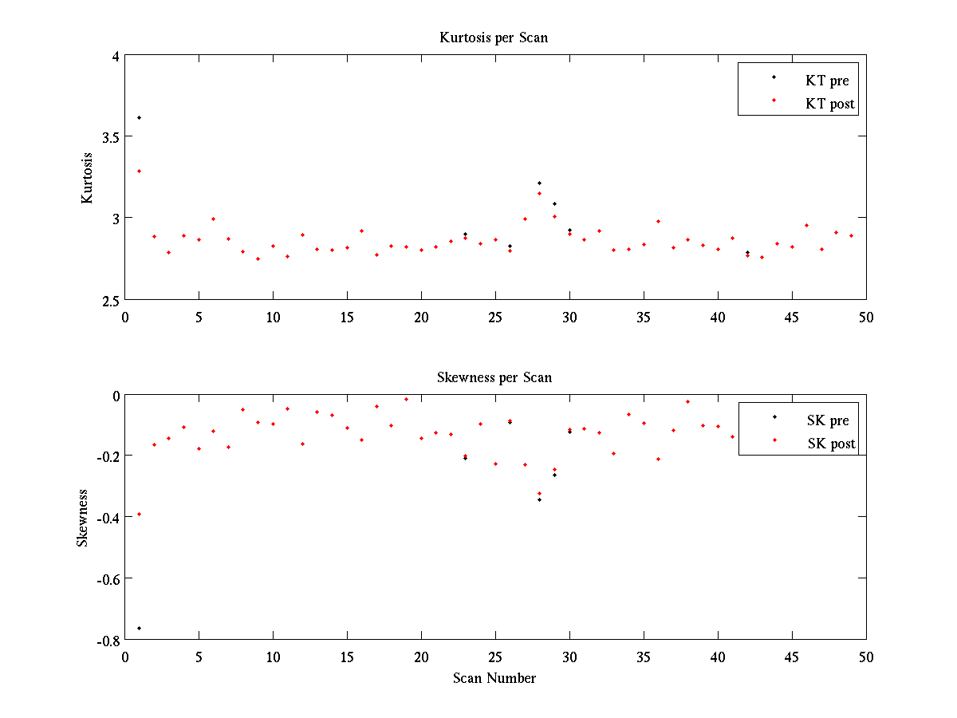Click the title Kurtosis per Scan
pos(494,37)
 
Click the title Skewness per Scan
pos(494,377)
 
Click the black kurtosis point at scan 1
pos(139,117)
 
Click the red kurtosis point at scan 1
pos(139,171)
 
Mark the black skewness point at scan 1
pos(139,628)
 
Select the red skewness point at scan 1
pos(139,514)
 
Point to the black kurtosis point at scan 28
pos(539,183)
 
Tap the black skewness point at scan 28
pos(539,499)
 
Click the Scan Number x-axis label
pos(494,678)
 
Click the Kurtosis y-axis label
pos(88,177)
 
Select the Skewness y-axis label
pos(83,517)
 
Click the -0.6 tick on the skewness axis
pos(105,578)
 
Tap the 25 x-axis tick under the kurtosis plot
pos(494,317)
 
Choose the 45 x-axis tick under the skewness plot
pos(792,657)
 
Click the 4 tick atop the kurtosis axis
pos(115,56)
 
